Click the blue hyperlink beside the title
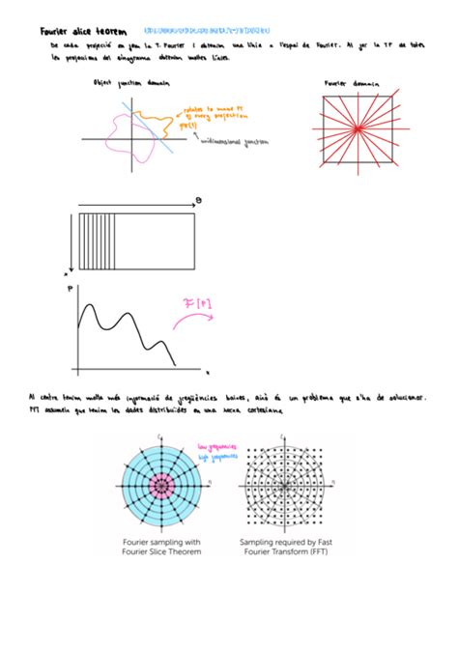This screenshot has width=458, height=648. pyautogui.click(x=206, y=31)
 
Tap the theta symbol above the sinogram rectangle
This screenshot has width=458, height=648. pyautogui.click(x=198, y=201)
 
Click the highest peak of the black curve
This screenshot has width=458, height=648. pyautogui.click(x=89, y=308)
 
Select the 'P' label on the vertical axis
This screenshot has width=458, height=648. pyautogui.click(x=68, y=287)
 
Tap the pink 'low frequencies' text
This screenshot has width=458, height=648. pyautogui.click(x=216, y=447)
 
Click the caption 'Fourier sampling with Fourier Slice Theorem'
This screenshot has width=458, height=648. pyautogui.click(x=160, y=549)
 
